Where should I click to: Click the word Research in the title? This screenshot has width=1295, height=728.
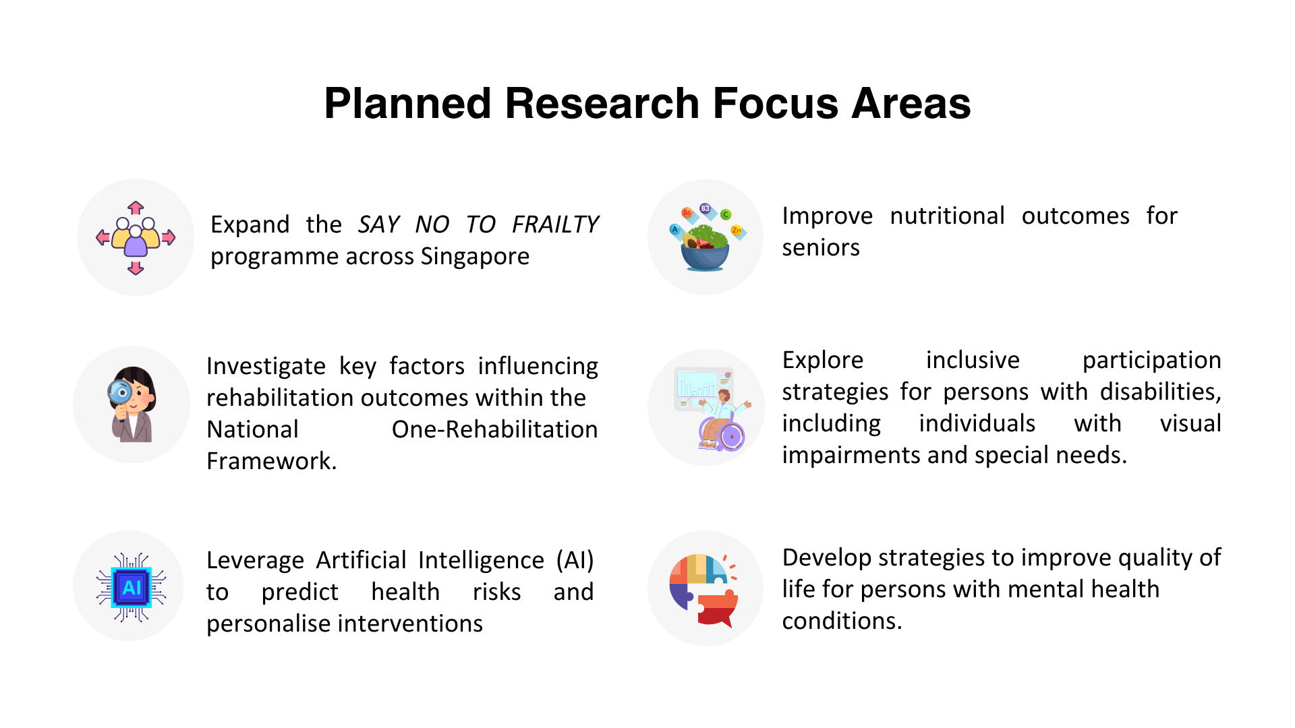(602, 104)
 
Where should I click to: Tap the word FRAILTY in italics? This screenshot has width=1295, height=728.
(555, 224)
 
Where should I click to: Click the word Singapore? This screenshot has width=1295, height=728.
(475, 256)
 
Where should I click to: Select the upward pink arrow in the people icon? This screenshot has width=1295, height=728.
(136, 207)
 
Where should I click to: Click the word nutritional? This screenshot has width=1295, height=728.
(947, 216)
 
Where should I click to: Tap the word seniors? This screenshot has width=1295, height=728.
(821, 247)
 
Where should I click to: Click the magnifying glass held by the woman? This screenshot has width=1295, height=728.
(121, 392)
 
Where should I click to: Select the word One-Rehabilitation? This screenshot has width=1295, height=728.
(494, 429)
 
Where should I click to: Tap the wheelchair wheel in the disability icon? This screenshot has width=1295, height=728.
(731, 437)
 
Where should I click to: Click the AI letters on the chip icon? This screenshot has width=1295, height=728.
(132, 587)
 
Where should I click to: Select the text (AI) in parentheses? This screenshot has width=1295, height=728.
(575, 560)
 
